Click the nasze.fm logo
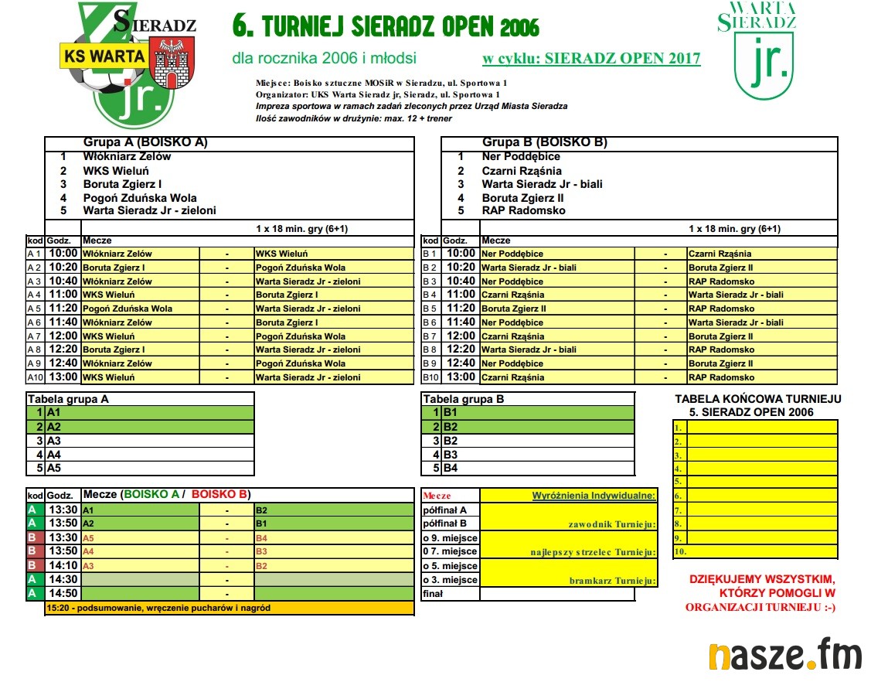pos(784,656)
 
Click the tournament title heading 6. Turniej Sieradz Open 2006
pos(386,26)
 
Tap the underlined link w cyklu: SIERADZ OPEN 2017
pos(591,59)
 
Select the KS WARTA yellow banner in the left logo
pos(104,56)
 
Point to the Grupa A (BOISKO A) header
pos(145,143)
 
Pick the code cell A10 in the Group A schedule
pos(36,377)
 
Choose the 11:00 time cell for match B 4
pos(461,295)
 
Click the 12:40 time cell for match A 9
pos(63,363)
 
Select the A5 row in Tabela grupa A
pos(54,468)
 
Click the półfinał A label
pos(446,510)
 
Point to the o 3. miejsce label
pos(450,580)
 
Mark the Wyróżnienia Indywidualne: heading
pos(594,496)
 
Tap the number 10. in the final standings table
pos(679,552)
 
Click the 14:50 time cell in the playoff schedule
pos(63,593)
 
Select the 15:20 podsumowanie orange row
pos(229,608)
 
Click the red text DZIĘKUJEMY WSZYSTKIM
pos(761,579)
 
